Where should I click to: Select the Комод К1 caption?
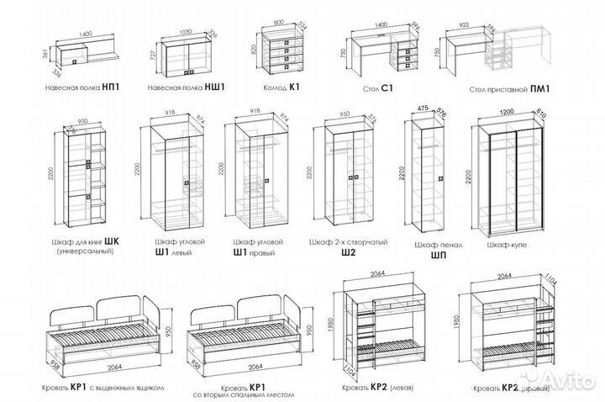click(x=281, y=86)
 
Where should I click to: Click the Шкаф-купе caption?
click(x=503, y=244)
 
